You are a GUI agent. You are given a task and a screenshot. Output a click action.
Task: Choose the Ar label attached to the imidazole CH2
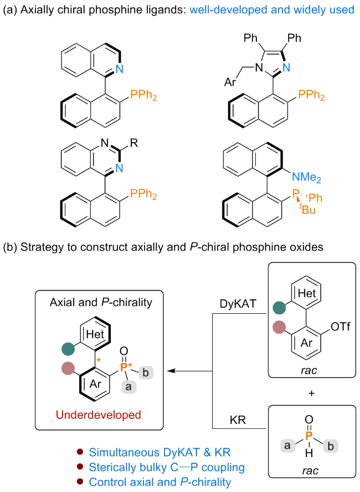pyautogui.click(x=228, y=82)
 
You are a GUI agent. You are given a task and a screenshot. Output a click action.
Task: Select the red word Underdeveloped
pyautogui.click(x=99, y=414)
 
